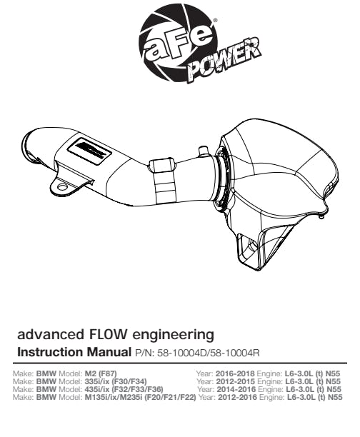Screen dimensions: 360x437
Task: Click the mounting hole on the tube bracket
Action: point(62,187)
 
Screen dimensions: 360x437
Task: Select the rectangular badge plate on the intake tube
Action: point(89,151)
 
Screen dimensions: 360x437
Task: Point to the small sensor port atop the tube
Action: point(204,151)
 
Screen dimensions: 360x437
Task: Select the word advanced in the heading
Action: point(51,334)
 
